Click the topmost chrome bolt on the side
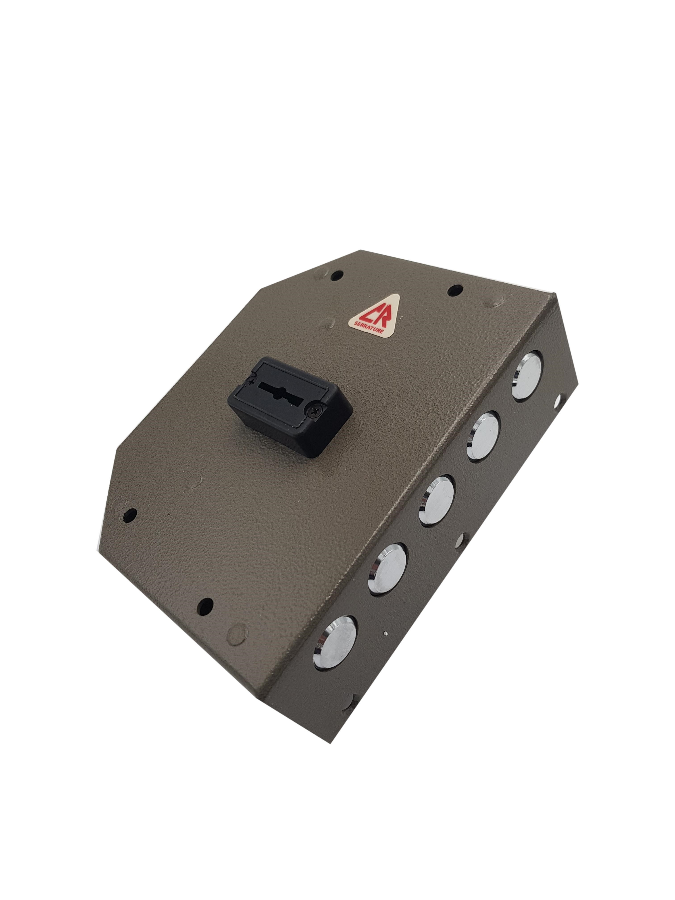click(527, 375)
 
